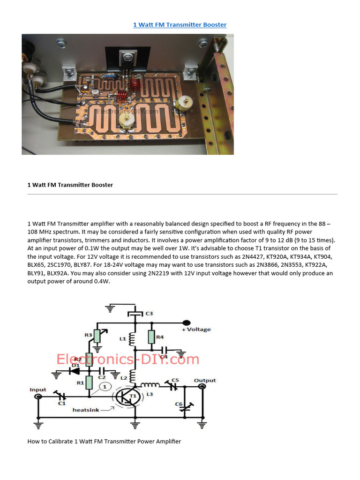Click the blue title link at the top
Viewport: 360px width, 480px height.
(180, 24)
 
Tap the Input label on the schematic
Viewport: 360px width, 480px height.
(38, 390)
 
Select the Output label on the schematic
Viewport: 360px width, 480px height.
(205, 380)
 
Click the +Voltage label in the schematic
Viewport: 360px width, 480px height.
(196, 330)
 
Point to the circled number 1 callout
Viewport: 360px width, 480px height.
(105, 386)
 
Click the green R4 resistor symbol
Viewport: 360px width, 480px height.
(151, 337)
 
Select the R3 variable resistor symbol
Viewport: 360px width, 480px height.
(97, 335)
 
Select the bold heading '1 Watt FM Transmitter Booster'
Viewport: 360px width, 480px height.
(70, 185)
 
